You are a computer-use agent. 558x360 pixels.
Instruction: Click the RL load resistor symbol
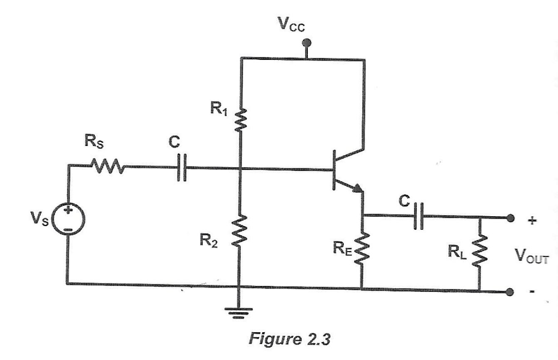[481, 251]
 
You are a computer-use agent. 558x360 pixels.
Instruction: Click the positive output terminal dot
[510, 218]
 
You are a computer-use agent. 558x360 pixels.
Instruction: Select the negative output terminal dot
[510, 291]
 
